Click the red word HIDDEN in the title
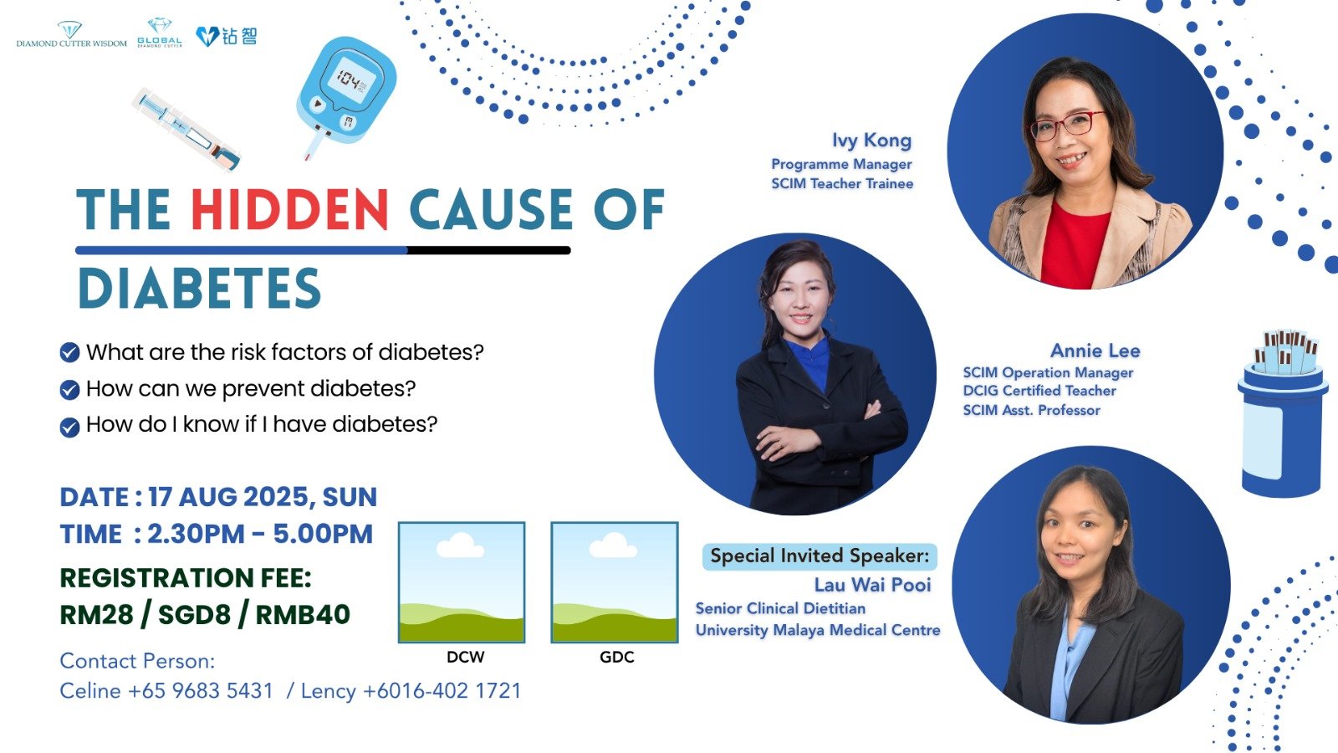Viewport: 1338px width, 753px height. pos(289,209)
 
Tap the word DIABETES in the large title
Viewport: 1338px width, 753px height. pos(200,288)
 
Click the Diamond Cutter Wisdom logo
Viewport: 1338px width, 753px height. pos(71,34)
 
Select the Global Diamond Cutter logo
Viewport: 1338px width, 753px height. pos(160,33)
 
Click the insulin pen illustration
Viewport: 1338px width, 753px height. pos(186,129)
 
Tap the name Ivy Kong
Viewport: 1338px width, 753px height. pos(871,141)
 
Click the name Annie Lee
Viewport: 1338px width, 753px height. pos(1095,351)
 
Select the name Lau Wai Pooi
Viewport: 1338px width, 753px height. pos(872,584)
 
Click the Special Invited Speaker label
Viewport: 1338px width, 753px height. pos(820,556)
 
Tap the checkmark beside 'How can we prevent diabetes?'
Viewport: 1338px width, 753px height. pos(70,390)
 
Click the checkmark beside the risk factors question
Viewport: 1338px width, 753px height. pos(70,352)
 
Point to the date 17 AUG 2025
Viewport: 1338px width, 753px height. pos(228,497)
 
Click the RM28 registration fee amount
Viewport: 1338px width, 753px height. pos(96,614)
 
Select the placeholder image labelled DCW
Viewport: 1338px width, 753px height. pos(462,582)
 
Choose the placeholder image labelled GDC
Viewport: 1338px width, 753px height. pos(615,582)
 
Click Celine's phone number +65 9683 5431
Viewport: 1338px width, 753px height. pos(200,691)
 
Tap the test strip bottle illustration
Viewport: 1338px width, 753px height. pos(1283,413)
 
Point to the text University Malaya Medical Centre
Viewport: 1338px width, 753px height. pos(818,631)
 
